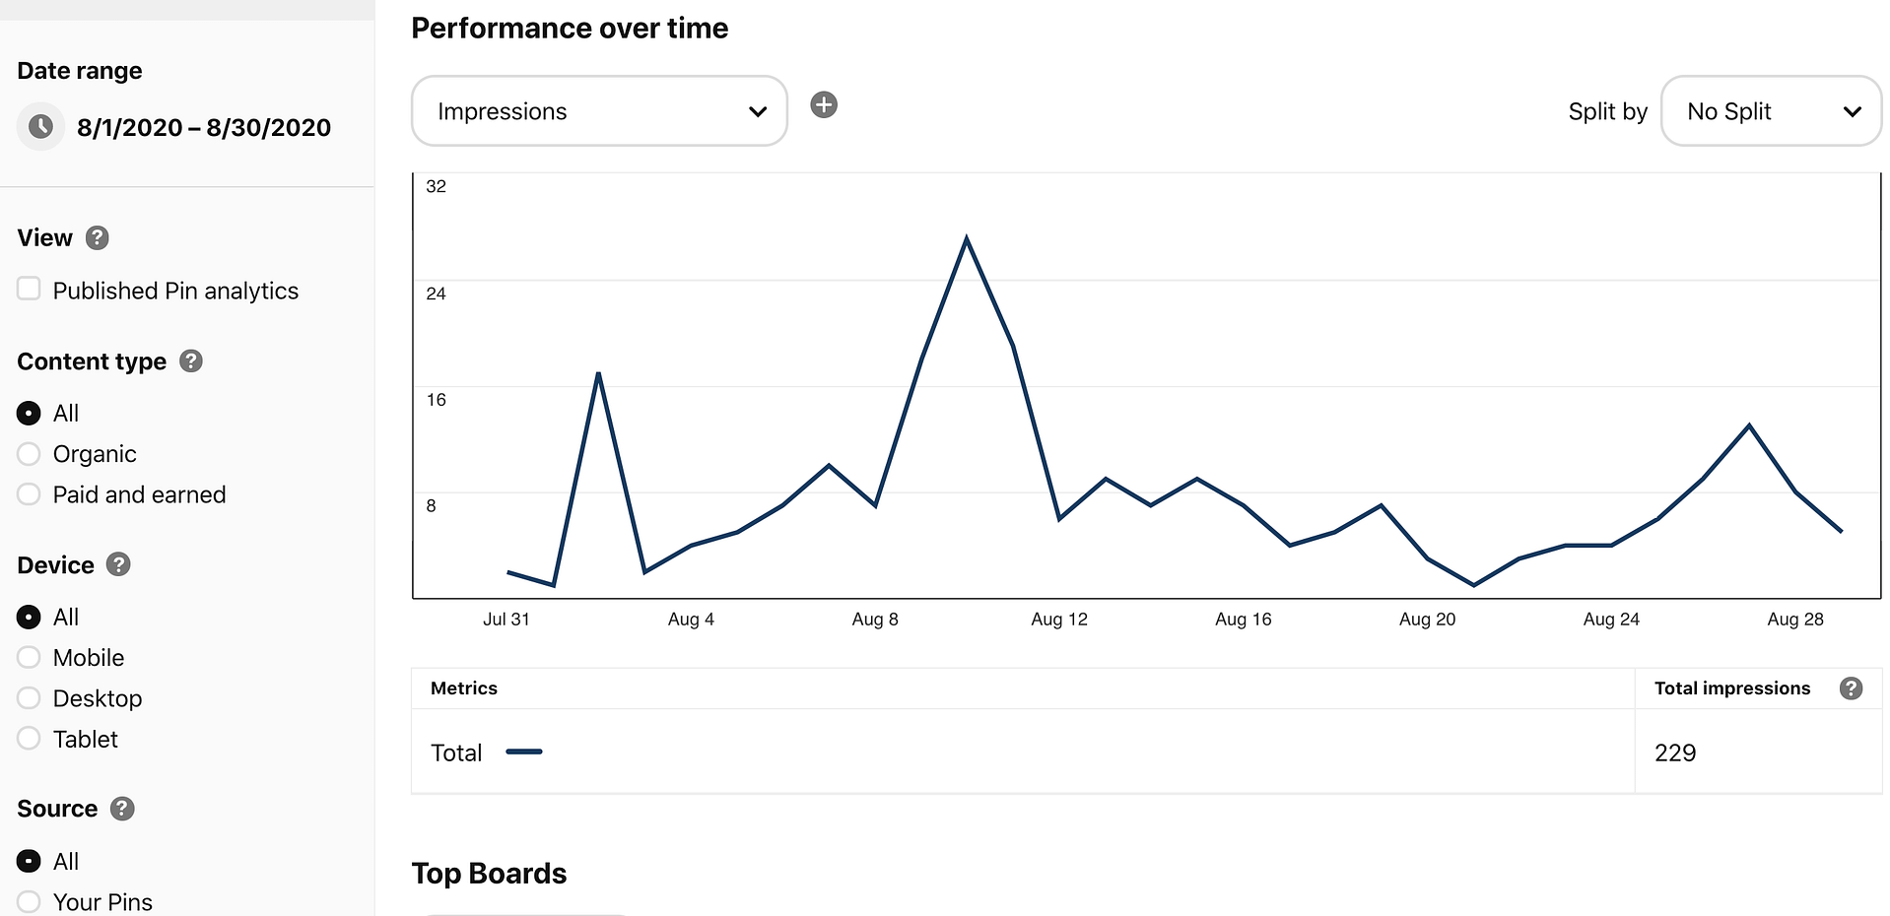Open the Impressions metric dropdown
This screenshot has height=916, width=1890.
pyautogui.click(x=598, y=111)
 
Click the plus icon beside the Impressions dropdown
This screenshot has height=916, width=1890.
pyautogui.click(x=824, y=104)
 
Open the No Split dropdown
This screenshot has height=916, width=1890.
pyautogui.click(x=1771, y=111)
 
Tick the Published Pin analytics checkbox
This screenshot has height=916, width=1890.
pyautogui.click(x=29, y=289)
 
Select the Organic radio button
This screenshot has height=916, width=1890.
pyautogui.click(x=29, y=454)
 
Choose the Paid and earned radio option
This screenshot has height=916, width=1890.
pyautogui.click(x=29, y=494)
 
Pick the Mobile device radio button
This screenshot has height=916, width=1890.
pyautogui.click(x=29, y=657)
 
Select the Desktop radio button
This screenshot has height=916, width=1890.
pyautogui.click(x=29, y=698)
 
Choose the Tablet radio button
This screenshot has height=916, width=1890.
pyautogui.click(x=29, y=739)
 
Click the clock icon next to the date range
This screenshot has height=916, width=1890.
pyautogui.click(x=41, y=127)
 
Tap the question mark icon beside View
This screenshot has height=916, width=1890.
pyautogui.click(x=97, y=237)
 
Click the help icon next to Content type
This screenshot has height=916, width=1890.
pyautogui.click(x=191, y=361)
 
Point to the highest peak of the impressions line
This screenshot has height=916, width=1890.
pyautogui.click(x=967, y=238)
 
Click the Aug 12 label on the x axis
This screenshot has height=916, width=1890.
pyautogui.click(x=1059, y=620)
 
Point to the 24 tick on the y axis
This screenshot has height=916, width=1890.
pyautogui.click(x=436, y=294)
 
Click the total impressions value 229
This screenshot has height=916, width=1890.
pyautogui.click(x=1675, y=753)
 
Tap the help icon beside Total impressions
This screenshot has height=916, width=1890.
pyautogui.click(x=1851, y=688)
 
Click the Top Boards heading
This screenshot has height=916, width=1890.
pyautogui.click(x=489, y=874)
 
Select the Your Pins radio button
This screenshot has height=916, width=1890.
pyautogui.click(x=29, y=901)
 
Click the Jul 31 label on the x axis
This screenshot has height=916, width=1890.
pyautogui.click(x=506, y=620)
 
